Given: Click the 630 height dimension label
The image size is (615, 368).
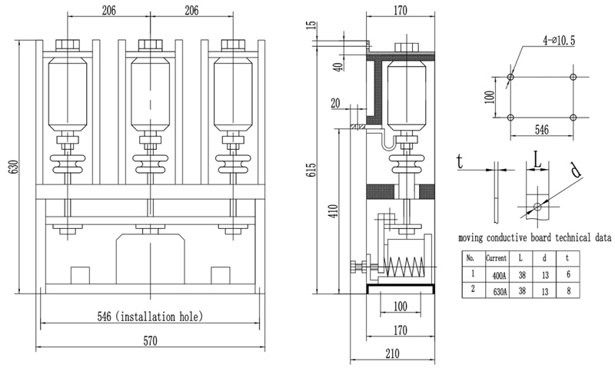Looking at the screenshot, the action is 14,167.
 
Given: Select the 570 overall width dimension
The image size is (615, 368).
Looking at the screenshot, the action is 150,341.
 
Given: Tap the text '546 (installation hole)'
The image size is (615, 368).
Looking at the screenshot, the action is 150,317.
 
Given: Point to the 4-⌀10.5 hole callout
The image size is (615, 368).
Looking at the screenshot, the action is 559,40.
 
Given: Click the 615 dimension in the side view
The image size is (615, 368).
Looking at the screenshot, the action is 311,169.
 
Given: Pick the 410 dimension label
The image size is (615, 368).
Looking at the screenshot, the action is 334,211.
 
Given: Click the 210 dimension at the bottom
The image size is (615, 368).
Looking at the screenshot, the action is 392,353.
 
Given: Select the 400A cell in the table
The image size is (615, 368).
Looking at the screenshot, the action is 499,276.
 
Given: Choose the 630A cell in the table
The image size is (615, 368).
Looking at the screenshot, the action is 499,292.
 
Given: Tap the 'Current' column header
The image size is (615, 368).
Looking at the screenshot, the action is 496,258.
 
